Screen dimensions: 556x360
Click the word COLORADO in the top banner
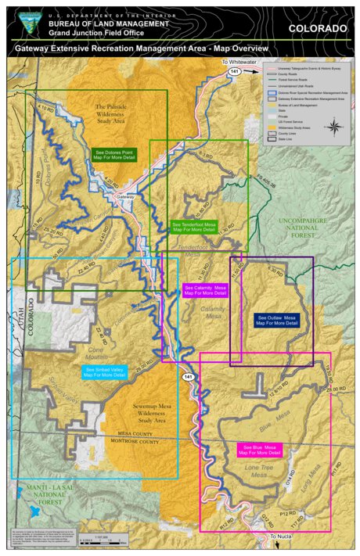pos(317,28)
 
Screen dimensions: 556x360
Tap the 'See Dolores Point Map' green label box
pos(114,155)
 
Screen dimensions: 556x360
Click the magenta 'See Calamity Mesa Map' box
pos(204,290)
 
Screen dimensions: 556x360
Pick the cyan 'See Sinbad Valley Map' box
pos(104,372)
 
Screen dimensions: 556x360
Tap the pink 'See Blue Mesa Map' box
pos(259,450)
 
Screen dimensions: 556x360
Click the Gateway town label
pos(125,197)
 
